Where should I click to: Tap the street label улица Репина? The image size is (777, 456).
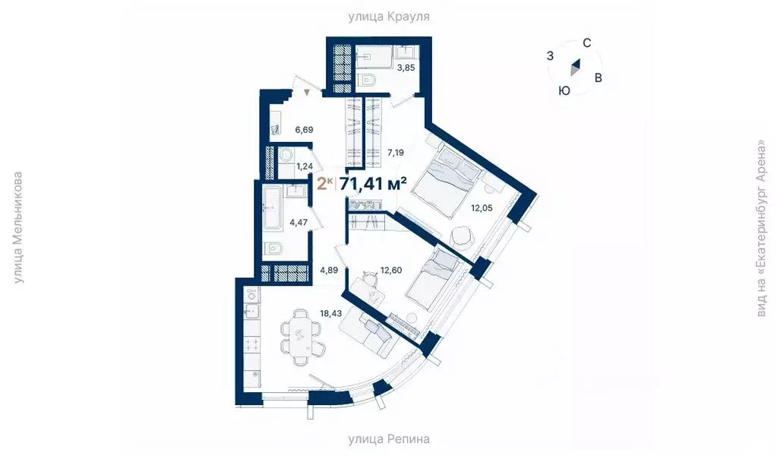click(x=389, y=439)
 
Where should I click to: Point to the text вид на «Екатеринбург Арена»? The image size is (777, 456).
click(x=761, y=228)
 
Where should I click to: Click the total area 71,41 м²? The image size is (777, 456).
click(x=373, y=183)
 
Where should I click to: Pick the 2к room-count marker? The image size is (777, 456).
click(x=324, y=183)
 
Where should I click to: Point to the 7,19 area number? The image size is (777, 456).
click(x=394, y=152)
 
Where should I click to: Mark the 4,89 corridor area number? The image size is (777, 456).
click(x=328, y=270)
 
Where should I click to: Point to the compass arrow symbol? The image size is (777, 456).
click(x=576, y=69)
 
